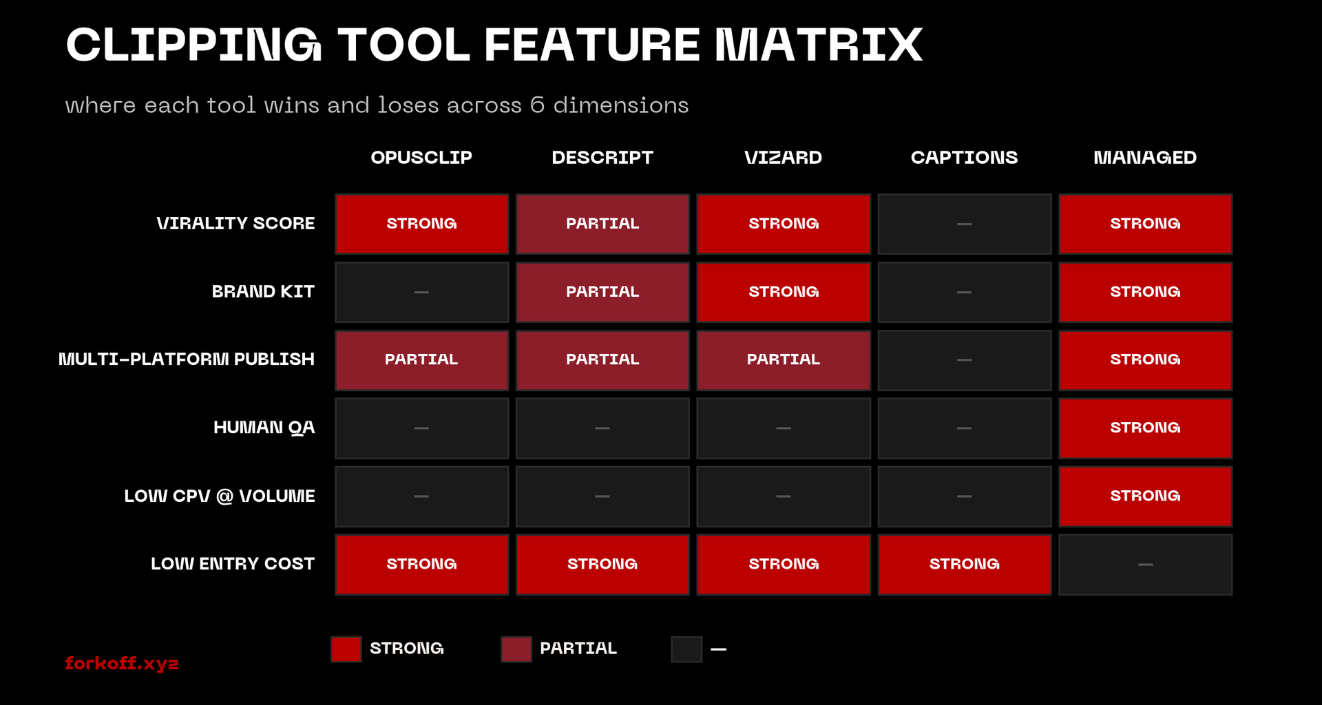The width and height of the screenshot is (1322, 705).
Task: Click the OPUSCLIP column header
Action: coord(421,158)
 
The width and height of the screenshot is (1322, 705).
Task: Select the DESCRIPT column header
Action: coord(602,158)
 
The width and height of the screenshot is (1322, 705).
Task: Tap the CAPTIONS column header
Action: coord(964,158)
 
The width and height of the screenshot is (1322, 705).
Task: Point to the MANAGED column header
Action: coord(1145,158)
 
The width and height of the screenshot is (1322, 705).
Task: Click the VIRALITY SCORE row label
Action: coord(235,224)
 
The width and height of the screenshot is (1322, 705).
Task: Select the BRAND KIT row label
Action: coord(263,292)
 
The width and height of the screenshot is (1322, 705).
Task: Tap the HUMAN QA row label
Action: coord(264,428)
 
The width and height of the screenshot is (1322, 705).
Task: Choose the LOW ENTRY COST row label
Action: coord(233,564)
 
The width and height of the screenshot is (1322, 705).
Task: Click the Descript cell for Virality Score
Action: coord(602,224)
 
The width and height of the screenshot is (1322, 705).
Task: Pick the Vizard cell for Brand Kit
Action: coord(784,292)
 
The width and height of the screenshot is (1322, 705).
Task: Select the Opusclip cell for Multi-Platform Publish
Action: coord(421,359)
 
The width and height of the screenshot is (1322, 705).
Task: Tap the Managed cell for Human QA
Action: coord(1145,428)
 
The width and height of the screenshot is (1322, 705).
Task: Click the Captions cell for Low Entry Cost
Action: coord(964,564)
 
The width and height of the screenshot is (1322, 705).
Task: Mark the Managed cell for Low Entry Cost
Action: coord(1145,564)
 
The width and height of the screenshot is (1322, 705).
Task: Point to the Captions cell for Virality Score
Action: coord(964,224)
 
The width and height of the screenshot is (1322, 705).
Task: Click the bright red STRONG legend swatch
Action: coord(346,649)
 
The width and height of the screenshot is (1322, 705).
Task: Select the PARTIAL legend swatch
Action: coord(516,649)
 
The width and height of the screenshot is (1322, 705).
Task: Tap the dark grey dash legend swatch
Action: coord(686,649)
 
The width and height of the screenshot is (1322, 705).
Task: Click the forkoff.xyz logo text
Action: coord(122,663)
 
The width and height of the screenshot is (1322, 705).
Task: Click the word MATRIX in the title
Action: coord(819,45)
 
